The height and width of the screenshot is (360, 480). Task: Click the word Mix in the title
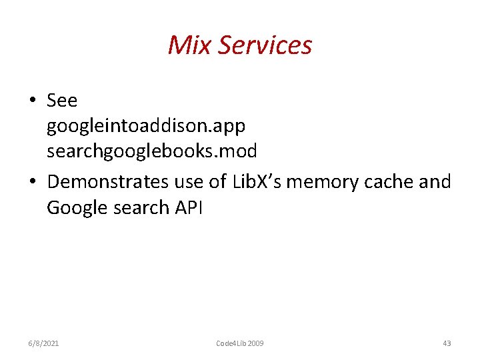(189, 45)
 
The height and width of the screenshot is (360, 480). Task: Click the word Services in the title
(265, 45)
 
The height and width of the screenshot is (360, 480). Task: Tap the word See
(62, 101)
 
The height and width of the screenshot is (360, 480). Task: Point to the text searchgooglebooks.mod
(151, 151)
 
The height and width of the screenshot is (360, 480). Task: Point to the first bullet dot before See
(32, 101)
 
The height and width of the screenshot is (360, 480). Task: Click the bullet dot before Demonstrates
(32, 182)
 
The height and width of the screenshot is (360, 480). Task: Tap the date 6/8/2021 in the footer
(43, 343)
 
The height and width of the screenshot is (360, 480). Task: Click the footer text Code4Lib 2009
(240, 343)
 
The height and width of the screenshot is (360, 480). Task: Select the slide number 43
(447, 343)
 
